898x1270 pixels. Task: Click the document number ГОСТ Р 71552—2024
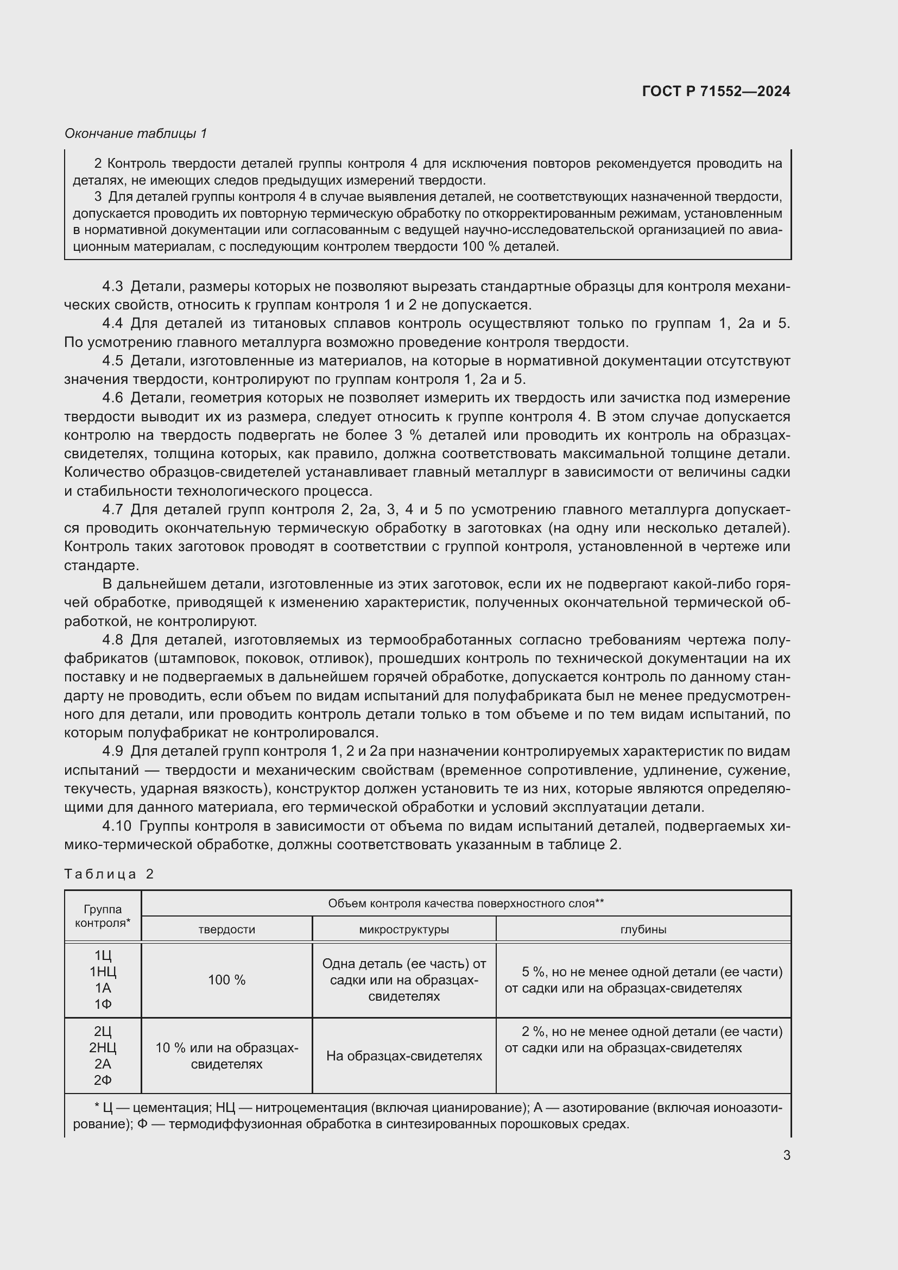point(716,91)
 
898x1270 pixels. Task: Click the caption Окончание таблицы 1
point(136,134)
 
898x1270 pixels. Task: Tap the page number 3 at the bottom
point(786,1155)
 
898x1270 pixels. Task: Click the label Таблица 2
point(109,874)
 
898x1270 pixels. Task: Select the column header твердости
point(227,929)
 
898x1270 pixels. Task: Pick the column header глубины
point(643,929)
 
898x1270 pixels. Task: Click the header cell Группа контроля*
point(103,916)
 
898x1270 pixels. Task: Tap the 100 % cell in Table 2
point(227,980)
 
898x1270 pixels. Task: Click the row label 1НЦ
point(103,972)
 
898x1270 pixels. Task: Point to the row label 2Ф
point(103,1080)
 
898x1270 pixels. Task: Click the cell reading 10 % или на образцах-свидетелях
point(227,1056)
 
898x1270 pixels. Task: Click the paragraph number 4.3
point(112,287)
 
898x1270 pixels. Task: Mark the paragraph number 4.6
point(112,397)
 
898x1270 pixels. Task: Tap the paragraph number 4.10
point(117,826)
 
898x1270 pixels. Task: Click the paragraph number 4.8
point(112,640)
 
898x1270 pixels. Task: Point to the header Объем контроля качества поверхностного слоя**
point(466,903)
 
